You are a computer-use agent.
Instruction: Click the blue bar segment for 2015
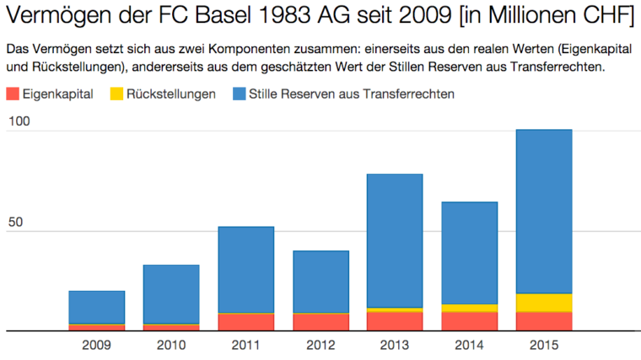pyautogui.click(x=543, y=211)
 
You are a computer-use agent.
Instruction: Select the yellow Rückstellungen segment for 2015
pyautogui.click(x=543, y=303)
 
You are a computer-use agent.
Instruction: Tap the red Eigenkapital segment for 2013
pyautogui.click(x=395, y=320)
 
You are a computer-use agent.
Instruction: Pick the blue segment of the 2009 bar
pyautogui.click(x=96, y=307)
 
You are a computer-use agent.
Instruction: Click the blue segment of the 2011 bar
pyautogui.click(x=245, y=270)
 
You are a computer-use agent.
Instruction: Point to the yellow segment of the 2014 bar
pyautogui.click(x=469, y=308)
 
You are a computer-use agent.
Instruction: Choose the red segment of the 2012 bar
pyautogui.click(x=320, y=322)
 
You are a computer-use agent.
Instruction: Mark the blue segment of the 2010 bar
pyautogui.click(x=171, y=293)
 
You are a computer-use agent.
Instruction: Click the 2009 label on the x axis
pyautogui.click(x=96, y=344)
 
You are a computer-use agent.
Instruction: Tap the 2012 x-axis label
pyautogui.click(x=320, y=344)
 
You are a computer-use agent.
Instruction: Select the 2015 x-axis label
pyautogui.click(x=543, y=344)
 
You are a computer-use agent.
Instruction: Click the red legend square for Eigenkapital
pyautogui.click(x=12, y=94)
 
